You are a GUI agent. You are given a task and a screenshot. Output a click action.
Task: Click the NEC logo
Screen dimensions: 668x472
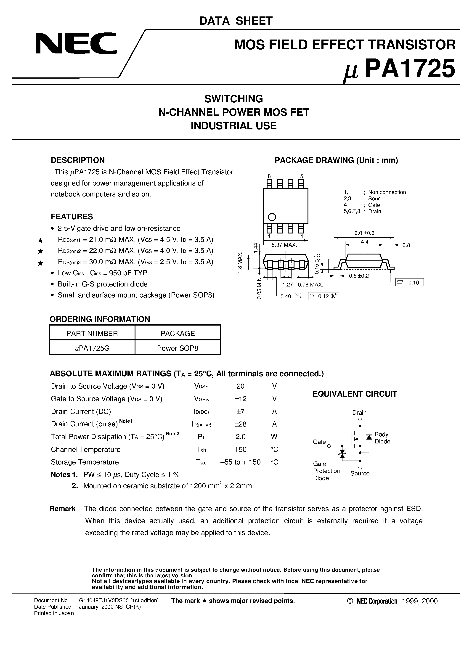click(x=76, y=43)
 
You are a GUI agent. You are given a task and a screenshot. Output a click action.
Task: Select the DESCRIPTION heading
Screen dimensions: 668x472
click(x=78, y=160)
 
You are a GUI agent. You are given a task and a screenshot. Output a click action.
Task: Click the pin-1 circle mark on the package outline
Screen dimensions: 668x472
click(x=272, y=217)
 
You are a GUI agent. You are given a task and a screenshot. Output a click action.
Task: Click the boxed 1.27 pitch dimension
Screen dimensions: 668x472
click(x=288, y=285)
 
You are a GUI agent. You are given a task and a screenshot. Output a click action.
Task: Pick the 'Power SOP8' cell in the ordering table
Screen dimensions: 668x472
click(x=178, y=348)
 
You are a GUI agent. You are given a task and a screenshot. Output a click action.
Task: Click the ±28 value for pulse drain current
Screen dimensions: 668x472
click(x=241, y=424)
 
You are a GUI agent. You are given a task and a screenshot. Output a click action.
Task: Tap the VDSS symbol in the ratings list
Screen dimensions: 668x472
click(x=201, y=387)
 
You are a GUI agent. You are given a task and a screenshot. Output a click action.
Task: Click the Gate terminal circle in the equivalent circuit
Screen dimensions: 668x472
click(x=329, y=446)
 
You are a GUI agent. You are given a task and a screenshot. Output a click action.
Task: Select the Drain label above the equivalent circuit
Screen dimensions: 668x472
click(x=359, y=413)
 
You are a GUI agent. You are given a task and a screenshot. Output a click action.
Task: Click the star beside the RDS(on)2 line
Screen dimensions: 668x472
click(x=40, y=251)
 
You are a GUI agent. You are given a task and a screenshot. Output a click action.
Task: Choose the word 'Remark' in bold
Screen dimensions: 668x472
click(x=63, y=509)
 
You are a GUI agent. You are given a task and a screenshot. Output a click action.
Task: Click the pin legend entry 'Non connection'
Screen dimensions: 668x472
click(x=387, y=192)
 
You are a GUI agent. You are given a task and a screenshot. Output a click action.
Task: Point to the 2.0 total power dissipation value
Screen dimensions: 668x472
click(x=241, y=437)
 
